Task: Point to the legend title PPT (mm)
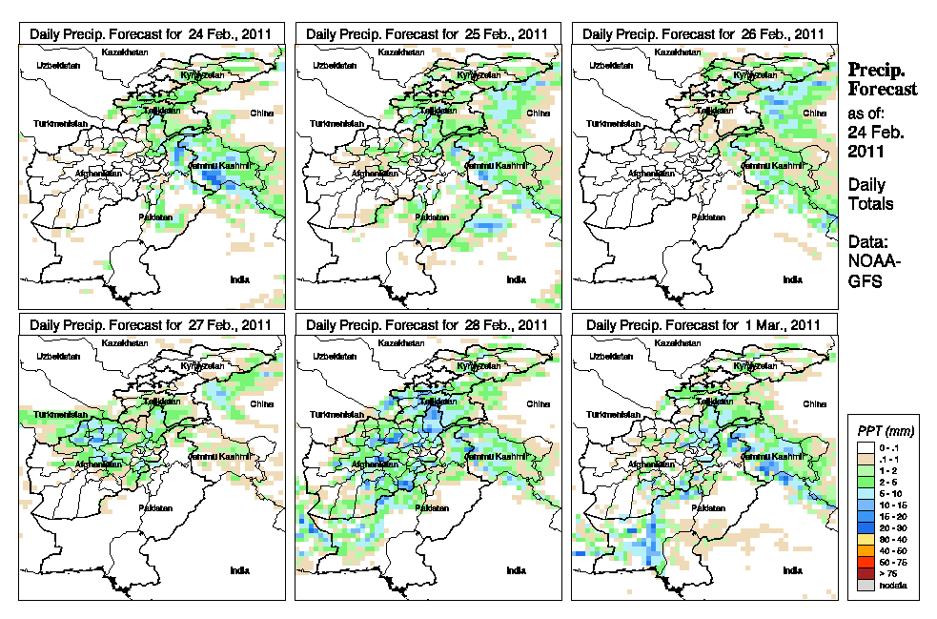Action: (x=883, y=432)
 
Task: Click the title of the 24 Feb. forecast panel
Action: (x=152, y=33)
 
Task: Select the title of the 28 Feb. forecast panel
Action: (x=427, y=324)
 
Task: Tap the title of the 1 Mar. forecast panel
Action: (x=703, y=324)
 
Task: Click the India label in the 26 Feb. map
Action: (x=792, y=279)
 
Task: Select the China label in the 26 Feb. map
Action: (x=813, y=113)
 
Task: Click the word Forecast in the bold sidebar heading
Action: (x=883, y=89)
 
